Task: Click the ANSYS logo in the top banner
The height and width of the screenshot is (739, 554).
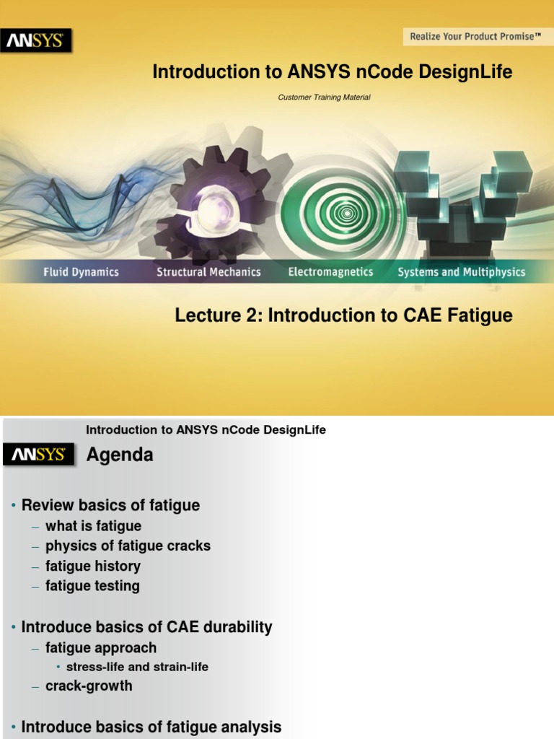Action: click(x=35, y=41)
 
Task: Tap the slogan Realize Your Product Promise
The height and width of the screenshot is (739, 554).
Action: click(x=475, y=36)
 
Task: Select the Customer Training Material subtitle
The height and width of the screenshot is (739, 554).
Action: click(x=324, y=97)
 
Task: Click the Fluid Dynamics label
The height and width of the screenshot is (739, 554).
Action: click(x=80, y=272)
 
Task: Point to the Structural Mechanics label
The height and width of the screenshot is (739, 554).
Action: click(x=208, y=272)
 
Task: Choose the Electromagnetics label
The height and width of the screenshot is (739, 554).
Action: click(x=330, y=272)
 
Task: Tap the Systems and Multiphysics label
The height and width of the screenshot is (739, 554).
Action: click(x=462, y=272)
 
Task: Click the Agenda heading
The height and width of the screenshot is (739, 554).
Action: click(x=120, y=455)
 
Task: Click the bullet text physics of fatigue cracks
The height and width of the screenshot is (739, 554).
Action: click(x=128, y=546)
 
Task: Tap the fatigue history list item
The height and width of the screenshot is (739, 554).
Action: click(x=93, y=567)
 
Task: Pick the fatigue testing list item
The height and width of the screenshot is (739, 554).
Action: click(x=92, y=586)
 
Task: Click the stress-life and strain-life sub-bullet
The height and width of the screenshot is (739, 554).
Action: click(x=136, y=667)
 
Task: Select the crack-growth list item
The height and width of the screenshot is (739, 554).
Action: click(x=89, y=686)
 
